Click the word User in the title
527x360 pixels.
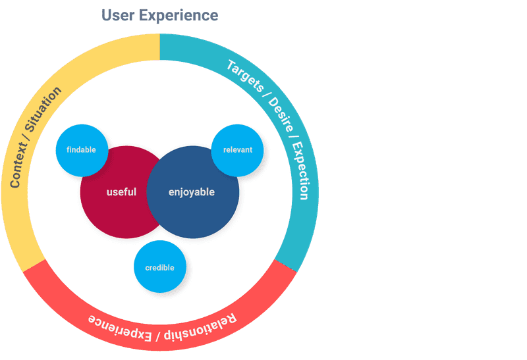119,15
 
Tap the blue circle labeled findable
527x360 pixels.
82,150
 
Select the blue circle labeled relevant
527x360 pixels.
237,150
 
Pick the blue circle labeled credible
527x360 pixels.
159,268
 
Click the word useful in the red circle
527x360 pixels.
121,192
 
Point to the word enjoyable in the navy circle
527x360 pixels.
192,192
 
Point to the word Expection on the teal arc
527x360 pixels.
299,170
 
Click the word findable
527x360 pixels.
82,150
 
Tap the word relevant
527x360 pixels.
237,150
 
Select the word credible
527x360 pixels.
159,268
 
